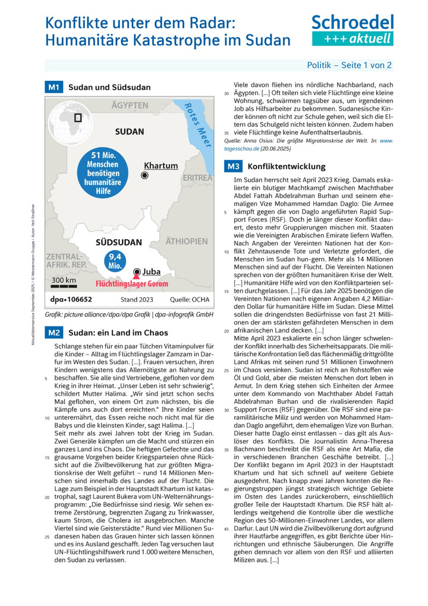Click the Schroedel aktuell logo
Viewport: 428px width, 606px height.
coord(353,30)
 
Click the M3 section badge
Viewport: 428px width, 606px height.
coord(233,167)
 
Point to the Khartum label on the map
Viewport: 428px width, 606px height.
coord(161,166)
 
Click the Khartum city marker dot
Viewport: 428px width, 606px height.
coord(144,175)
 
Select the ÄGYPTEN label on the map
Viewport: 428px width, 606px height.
coord(130,105)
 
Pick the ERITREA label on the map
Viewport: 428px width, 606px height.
coord(197,178)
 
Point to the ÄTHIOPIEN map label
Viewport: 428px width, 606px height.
coord(187,241)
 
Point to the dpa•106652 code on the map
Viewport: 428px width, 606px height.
coord(71,299)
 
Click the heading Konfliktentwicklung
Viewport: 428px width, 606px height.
coord(287,167)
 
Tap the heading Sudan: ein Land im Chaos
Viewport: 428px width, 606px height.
coord(118,332)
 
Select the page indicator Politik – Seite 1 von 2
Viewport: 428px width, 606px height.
coord(349,65)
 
